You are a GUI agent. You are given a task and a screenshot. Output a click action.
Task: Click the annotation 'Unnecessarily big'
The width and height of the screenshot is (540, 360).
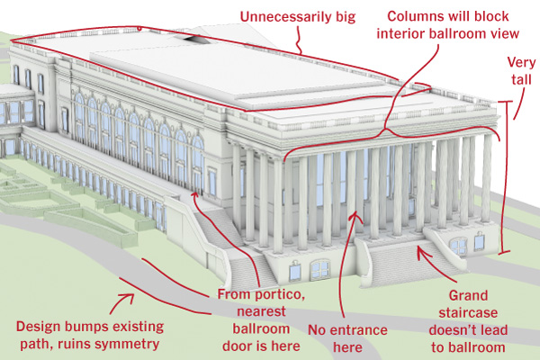pos(298,17)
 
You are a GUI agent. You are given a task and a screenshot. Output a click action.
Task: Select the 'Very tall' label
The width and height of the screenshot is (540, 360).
pos(521,71)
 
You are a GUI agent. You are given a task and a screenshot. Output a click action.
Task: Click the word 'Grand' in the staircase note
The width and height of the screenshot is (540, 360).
pos(468,295)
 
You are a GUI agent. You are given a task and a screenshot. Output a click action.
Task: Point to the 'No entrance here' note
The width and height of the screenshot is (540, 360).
pos(347,338)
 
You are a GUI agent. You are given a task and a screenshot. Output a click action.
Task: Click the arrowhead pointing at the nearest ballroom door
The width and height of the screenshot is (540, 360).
pos(194,195)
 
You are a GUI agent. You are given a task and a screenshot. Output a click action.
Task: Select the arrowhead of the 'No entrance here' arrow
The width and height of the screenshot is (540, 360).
pos(355,216)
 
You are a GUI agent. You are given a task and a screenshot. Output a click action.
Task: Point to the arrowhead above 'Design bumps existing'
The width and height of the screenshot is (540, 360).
pos(129,297)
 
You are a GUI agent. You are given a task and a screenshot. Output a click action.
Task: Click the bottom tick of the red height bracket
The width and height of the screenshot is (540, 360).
pos(504,253)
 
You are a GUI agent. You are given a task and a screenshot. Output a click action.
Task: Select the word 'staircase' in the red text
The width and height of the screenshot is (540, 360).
pos(468,313)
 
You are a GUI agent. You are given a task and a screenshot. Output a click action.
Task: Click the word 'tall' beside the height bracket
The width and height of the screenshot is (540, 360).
pos(521,79)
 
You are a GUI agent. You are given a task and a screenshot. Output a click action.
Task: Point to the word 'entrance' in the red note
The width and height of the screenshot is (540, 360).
pos(359,330)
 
